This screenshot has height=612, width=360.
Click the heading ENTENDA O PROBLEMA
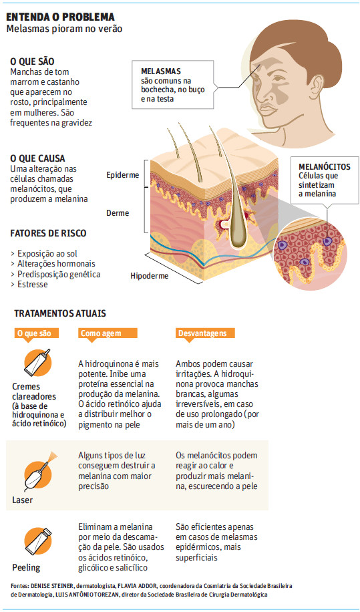tap(61, 17)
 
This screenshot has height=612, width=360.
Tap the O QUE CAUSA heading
tap(37, 158)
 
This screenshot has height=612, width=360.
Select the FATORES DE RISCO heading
tap(48, 233)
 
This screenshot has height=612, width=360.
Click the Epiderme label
tap(122, 175)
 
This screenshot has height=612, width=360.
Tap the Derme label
tap(118, 213)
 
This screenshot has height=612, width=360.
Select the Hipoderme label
tap(150, 276)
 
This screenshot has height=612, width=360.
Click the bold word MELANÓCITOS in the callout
tap(324, 166)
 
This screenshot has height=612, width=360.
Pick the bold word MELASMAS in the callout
tap(161, 72)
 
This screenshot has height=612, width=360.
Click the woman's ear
tap(315, 88)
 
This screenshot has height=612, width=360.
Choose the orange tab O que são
tap(37, 333)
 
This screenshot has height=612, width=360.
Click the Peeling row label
tap(26, 567)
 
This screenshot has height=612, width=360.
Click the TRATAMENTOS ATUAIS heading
tap(60, 313)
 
